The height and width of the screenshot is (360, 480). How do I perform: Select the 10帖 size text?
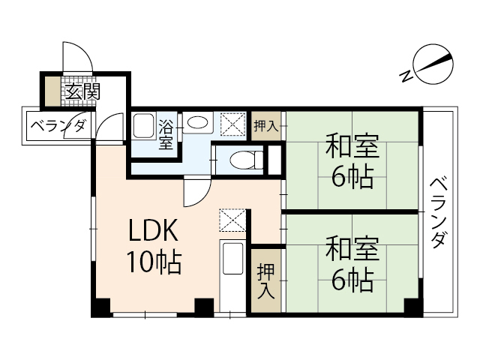[x=153, y=262]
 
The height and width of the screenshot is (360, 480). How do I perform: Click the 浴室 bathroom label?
[x=166, y=135]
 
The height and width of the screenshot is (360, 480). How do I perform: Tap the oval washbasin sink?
[x=198, y=122]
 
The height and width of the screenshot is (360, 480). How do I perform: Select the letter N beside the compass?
[x=406, y=75]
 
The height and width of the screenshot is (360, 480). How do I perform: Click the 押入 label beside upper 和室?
[x=265, y=125]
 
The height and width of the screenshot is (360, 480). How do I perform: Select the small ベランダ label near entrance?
[x=58, y=126]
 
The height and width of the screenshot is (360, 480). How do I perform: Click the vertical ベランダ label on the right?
[x=440, y=212]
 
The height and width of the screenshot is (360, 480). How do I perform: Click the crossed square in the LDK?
[x=231, y=220]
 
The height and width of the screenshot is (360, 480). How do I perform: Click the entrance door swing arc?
[x=75, y=54]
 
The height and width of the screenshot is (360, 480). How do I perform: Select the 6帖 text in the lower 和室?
[x=352, y=280]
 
